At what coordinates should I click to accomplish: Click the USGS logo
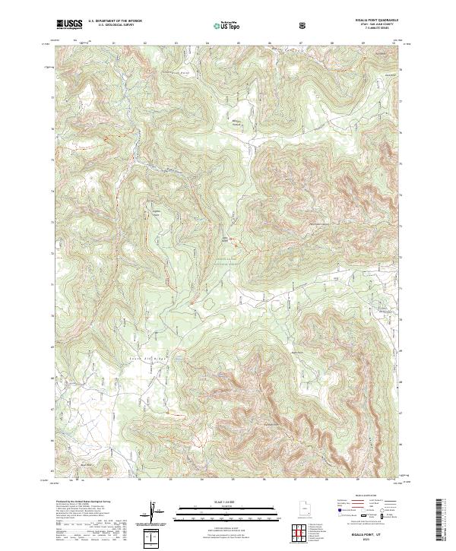(70, 25)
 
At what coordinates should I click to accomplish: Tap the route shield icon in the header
(303, 25)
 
